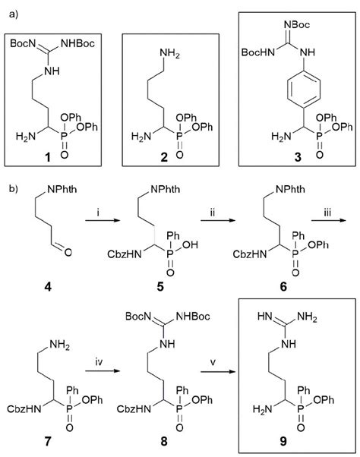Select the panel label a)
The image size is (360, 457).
[13, 11]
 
